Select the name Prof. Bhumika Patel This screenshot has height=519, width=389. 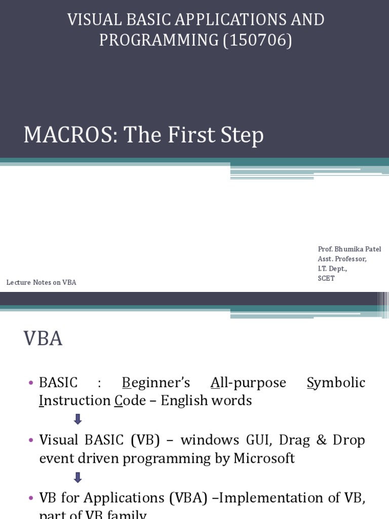[349, 249]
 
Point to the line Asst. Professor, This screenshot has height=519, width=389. [342, 258]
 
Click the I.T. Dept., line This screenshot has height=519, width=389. [333, 269]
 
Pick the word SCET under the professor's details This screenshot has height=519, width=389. [326, 278]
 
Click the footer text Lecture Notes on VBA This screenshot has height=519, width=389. [42, 282]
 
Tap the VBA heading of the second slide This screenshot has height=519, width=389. [43, 339]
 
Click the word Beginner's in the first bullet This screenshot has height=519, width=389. [156, 382]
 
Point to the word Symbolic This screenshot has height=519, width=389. [336, 382]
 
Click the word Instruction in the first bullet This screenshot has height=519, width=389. [74, 400]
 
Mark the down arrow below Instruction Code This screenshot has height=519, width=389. [77, 419]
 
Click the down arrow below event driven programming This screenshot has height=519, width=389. [77, 477]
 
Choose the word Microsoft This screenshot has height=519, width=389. [264, 458]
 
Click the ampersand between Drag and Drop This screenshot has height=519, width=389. [322, 440]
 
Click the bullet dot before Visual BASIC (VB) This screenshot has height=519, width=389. [31, 440]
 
